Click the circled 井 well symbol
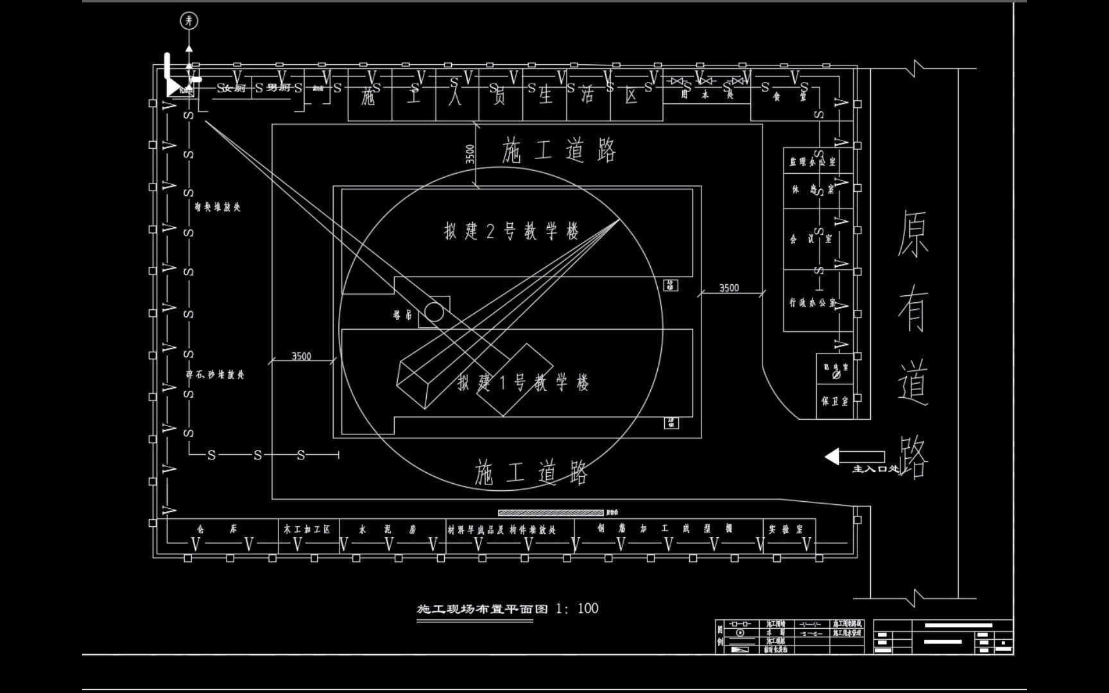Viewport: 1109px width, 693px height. [189, 21]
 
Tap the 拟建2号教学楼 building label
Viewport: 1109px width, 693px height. [512, 231]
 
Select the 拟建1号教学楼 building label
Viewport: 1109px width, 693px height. [523, 383]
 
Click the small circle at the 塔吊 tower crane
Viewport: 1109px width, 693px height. [434, 312]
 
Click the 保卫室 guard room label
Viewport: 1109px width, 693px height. [835, 402]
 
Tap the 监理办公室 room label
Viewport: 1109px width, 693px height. [812, 163]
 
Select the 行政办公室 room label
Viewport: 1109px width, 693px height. [812, 302]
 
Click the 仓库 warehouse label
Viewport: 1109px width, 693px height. [217, 529]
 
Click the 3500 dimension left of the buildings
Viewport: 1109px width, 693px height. [301, 356]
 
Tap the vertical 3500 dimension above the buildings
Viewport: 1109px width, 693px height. [470, 155]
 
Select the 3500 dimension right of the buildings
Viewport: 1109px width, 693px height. [728, 288]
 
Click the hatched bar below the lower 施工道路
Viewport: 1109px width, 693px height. [551, 513]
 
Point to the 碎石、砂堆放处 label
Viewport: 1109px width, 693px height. [215, 375]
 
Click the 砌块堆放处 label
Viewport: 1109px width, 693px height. [218, 207]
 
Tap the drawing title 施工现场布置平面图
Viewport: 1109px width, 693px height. [483, 609]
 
